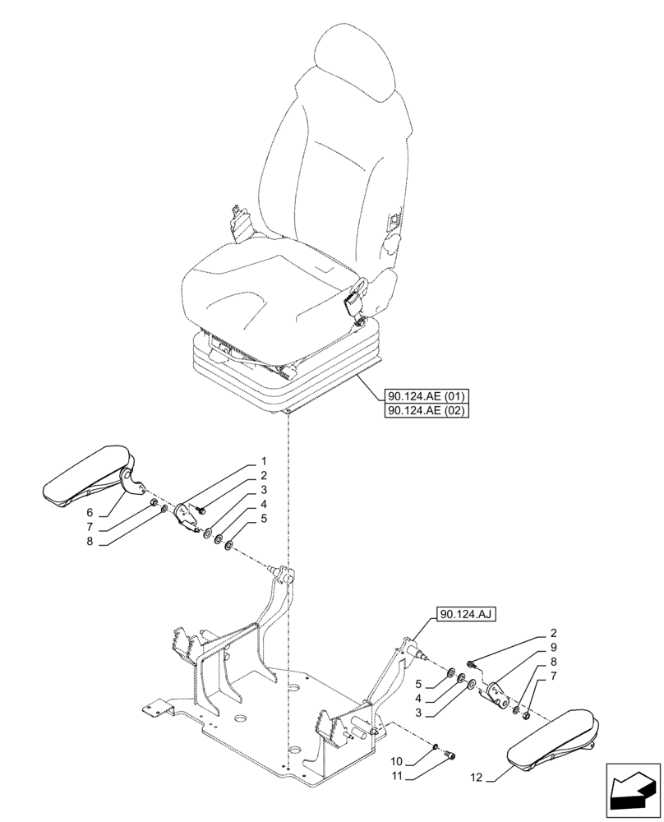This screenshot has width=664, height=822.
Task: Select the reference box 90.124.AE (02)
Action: coord(425,411)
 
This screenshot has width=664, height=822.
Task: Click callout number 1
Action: coord(264,461)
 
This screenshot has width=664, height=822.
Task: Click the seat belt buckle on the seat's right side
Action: coord(355,299)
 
